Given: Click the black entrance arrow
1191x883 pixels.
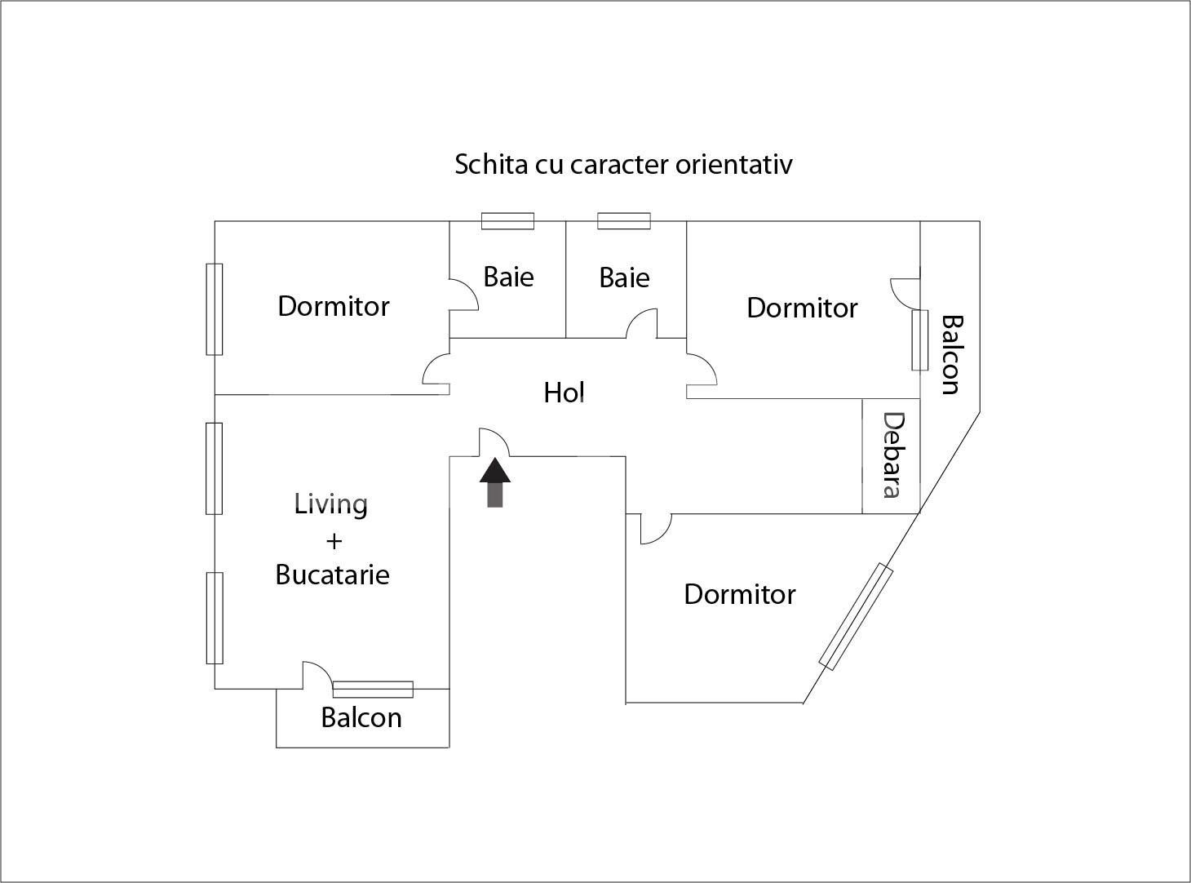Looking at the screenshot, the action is (494, 482).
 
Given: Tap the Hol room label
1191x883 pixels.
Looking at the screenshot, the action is (564, 393).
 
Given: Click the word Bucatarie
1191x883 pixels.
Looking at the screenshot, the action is (332, 575).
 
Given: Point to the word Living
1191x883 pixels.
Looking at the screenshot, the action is (330, 505).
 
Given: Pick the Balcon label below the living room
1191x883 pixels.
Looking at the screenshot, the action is (361, 717).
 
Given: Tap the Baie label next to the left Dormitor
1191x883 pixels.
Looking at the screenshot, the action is (508, 277).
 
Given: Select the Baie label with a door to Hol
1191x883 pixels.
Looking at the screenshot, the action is (625, 277).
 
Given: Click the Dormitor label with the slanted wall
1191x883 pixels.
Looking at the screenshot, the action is (739, 594).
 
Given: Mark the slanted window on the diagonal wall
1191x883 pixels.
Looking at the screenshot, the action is (856, 616).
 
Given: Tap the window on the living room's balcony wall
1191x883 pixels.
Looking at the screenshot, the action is (373, 689).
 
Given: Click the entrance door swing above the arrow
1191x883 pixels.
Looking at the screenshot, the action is (494, 441).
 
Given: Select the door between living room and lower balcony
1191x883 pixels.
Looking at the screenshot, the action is (317, 675).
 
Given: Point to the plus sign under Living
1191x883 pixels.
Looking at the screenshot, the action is (334, 541).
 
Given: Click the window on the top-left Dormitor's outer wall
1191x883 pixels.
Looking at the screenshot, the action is (215, 309).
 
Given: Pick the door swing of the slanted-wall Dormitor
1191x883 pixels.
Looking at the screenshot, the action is (656, 529).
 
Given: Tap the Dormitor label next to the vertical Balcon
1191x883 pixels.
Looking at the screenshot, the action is (802, 308).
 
